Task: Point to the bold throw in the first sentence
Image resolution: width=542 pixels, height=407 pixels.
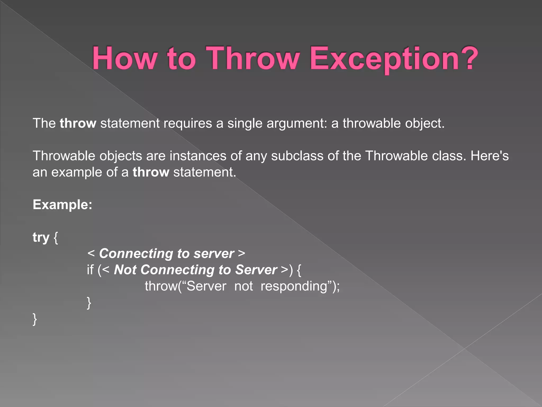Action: [x=78, y=123]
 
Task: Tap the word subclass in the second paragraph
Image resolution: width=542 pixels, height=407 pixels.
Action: [x=297, y=156]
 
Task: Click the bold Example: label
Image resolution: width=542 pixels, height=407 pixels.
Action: [x=62, y=205]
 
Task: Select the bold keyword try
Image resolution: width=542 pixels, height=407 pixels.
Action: [x=41, y=237]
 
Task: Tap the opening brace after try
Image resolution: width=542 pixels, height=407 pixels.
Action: [x=56, y=237]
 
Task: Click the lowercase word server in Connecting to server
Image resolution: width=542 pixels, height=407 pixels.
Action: [x=214, y=254]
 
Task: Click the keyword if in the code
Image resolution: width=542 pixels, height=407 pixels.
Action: [x=90, y=270]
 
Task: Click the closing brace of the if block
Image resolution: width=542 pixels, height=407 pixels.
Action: [x=89, y=303]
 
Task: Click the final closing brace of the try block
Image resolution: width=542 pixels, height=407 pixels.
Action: [x=35, y=319]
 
